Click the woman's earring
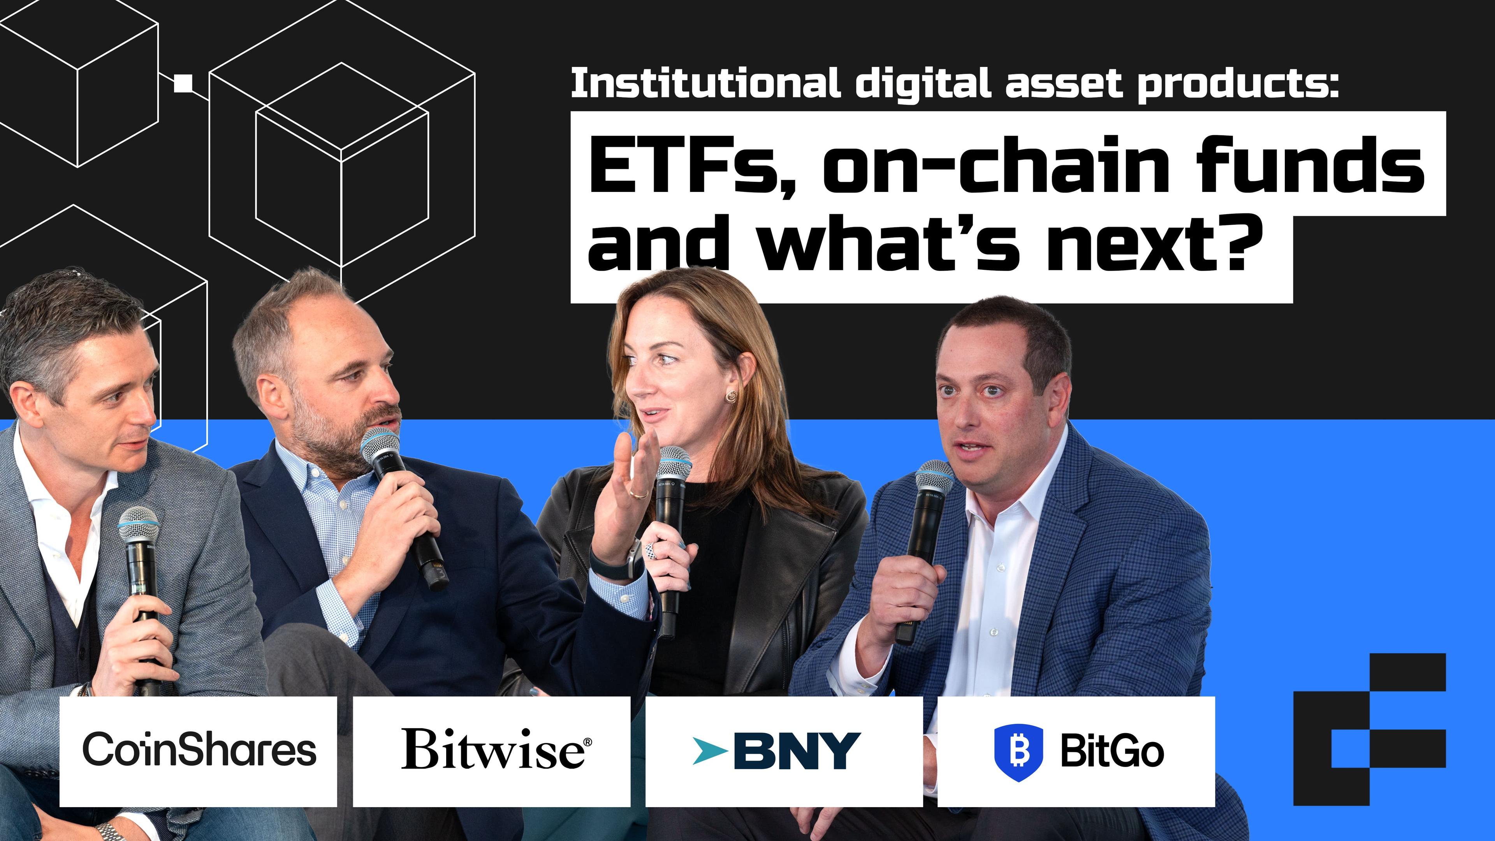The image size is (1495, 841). pos(731,396)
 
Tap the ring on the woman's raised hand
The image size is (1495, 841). pos(638,494)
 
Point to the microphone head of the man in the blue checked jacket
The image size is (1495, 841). pos(934,479)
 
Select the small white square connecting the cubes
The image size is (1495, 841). pos(183,84)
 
